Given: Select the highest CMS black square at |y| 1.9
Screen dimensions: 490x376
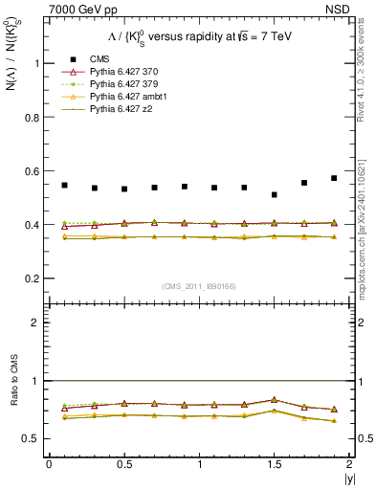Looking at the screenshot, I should pos(334,178).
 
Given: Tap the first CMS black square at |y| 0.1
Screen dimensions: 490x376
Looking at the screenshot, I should pos(64,185).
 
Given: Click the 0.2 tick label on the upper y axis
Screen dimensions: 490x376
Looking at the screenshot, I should pos(33,278).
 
